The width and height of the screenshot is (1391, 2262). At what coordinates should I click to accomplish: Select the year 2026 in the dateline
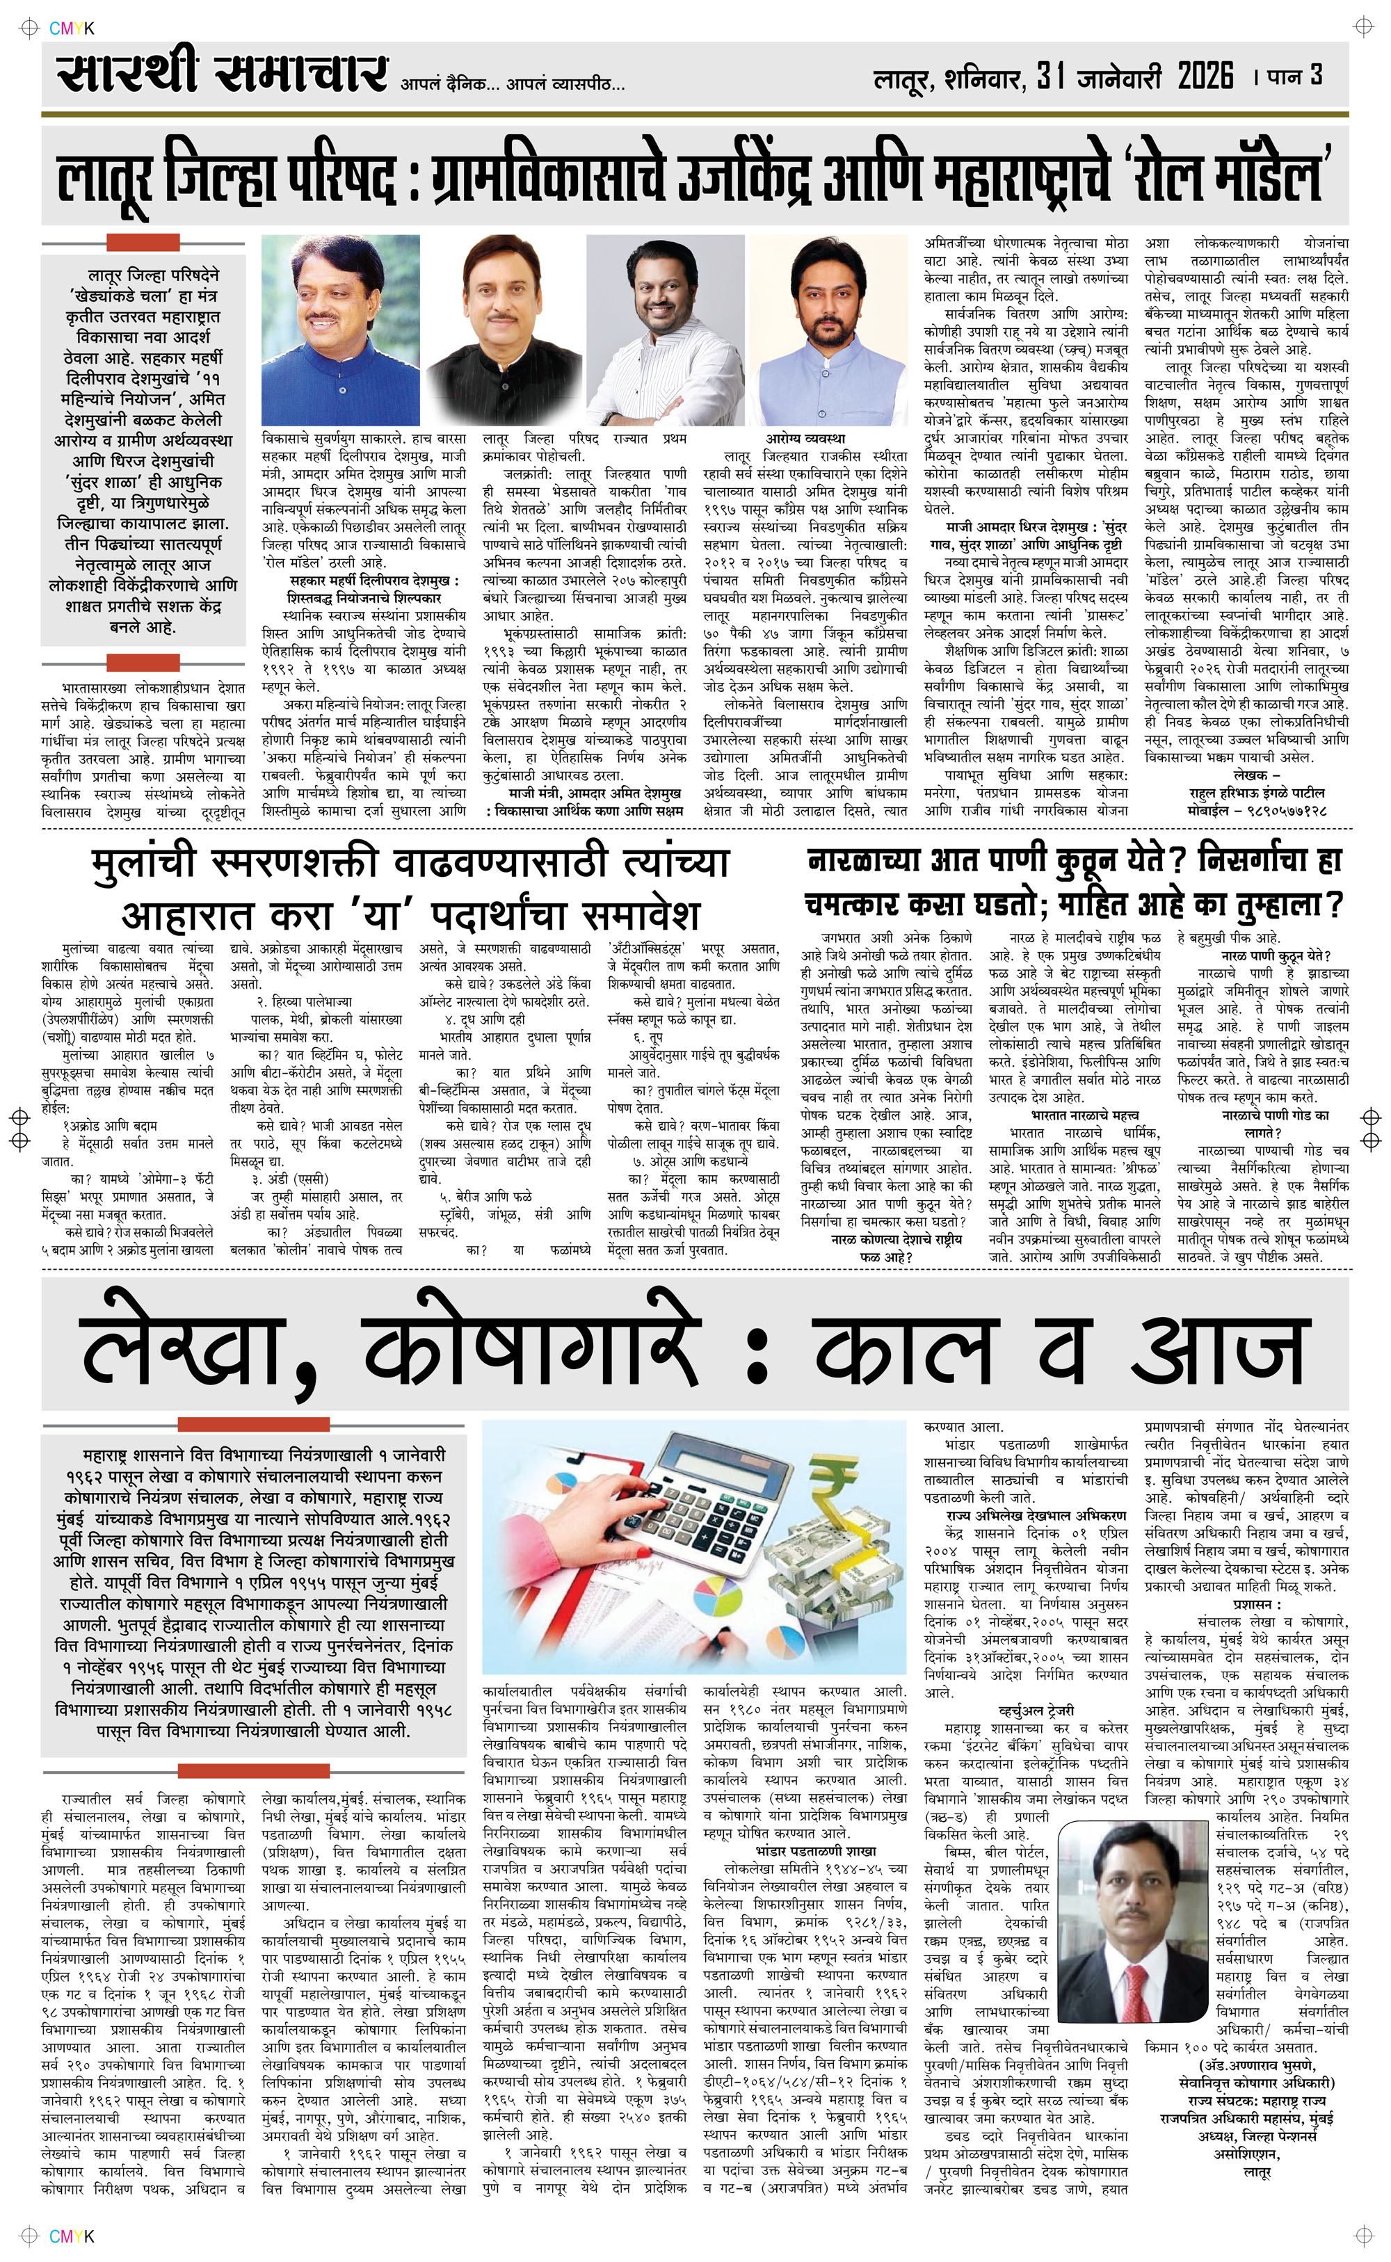1205,76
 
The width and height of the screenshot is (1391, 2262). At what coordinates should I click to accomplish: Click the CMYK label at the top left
72,29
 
